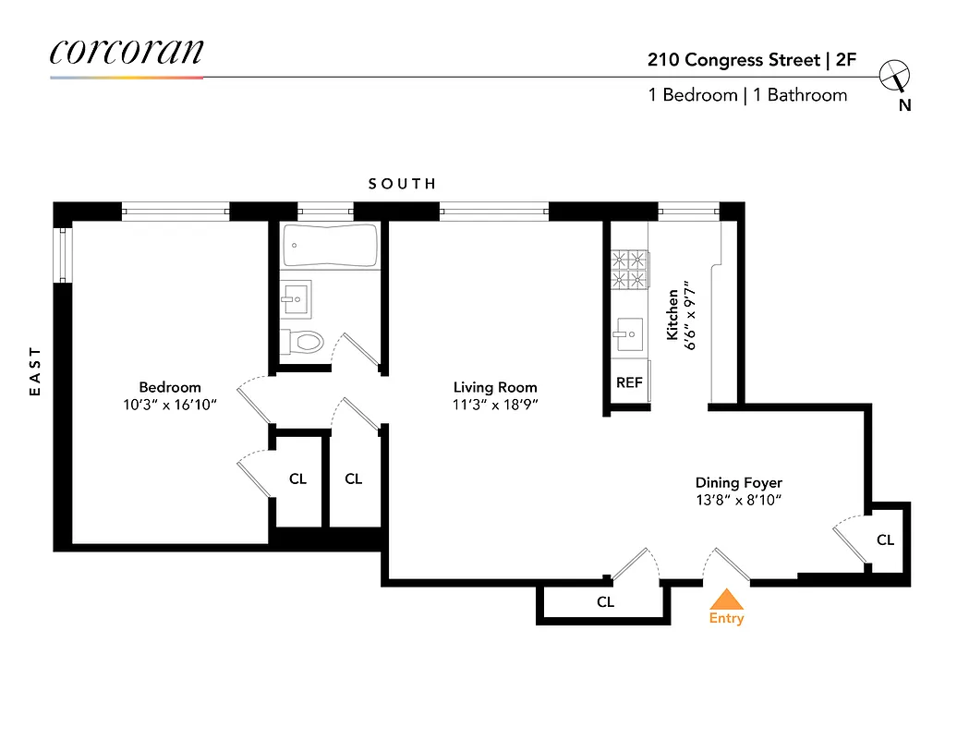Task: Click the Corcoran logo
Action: pos(126,52)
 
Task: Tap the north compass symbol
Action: pos(895,77)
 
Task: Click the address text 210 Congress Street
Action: pos(733,60)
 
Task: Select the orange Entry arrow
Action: pos(726,599)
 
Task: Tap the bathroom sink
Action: pos(297,297)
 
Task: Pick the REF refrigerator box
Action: pos(629,382)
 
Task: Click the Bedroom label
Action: pos(170,387)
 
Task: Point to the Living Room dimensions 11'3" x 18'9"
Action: pos(495,404)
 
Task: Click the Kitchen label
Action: pos(673,314)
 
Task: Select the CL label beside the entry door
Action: pos(605,602)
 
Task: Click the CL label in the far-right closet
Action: pos(885,539)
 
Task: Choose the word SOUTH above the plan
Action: pos(402,184)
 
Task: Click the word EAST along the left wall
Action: pos(36,371)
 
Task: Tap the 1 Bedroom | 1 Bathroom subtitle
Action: pos(747,95)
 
